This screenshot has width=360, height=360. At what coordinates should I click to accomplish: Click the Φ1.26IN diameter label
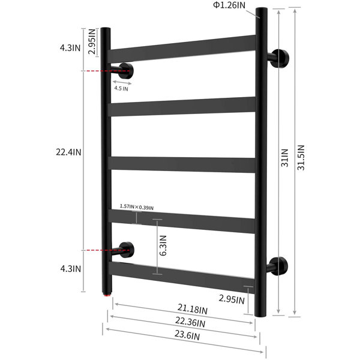(x=229, y=5)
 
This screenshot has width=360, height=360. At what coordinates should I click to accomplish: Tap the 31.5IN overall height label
(x=301, y=157)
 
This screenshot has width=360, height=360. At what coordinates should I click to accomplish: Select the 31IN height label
(x=284, y=158)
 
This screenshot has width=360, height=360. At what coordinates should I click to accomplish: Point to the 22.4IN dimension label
(x=68, y=152)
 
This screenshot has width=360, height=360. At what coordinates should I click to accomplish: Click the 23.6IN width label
(x=187, y=335)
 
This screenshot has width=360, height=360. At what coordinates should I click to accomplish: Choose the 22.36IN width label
(x=190, y=322)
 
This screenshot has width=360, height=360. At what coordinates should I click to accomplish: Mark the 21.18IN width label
(x=193, y=309)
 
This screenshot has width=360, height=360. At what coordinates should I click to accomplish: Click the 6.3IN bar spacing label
(x=163, y=245)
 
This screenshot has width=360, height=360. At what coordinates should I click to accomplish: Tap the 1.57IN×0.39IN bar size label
(x=137, y=206)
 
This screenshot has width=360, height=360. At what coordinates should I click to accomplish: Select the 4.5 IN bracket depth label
(x=121, y=88)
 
